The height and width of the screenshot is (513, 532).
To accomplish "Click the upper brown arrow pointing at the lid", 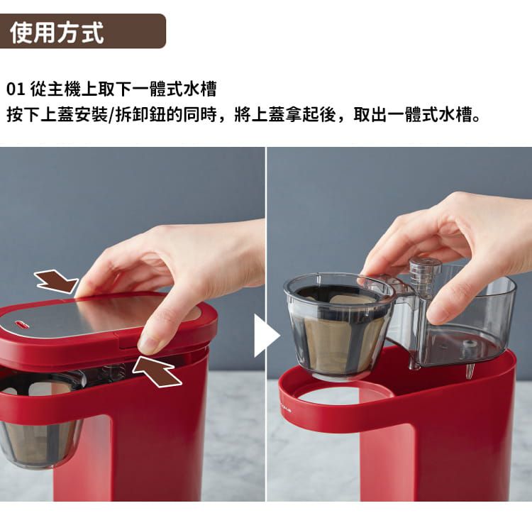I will click(x=55, y=282).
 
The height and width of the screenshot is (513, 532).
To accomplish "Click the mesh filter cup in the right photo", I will click(x=339, y=333).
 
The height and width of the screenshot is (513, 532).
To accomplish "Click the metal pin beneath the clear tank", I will click(x=470, y=370).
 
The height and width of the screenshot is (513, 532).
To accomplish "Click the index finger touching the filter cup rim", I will click(x=376, y=270).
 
